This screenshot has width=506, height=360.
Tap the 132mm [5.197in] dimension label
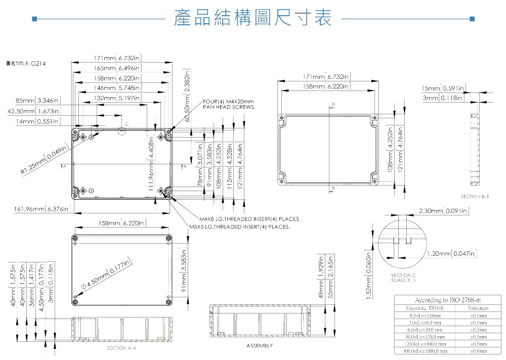click(117, 98)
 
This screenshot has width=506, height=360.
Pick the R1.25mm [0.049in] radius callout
click(45, 161)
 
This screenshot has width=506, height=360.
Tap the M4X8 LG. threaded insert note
click(249, 219)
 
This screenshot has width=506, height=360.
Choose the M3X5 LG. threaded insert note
click(239, 227)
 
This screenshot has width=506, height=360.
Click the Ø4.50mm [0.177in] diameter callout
click(108, 275)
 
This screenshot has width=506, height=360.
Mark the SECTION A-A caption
click(121, 348)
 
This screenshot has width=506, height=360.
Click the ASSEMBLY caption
click(260, 346)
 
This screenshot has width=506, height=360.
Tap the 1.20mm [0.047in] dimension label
click(451, 253)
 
